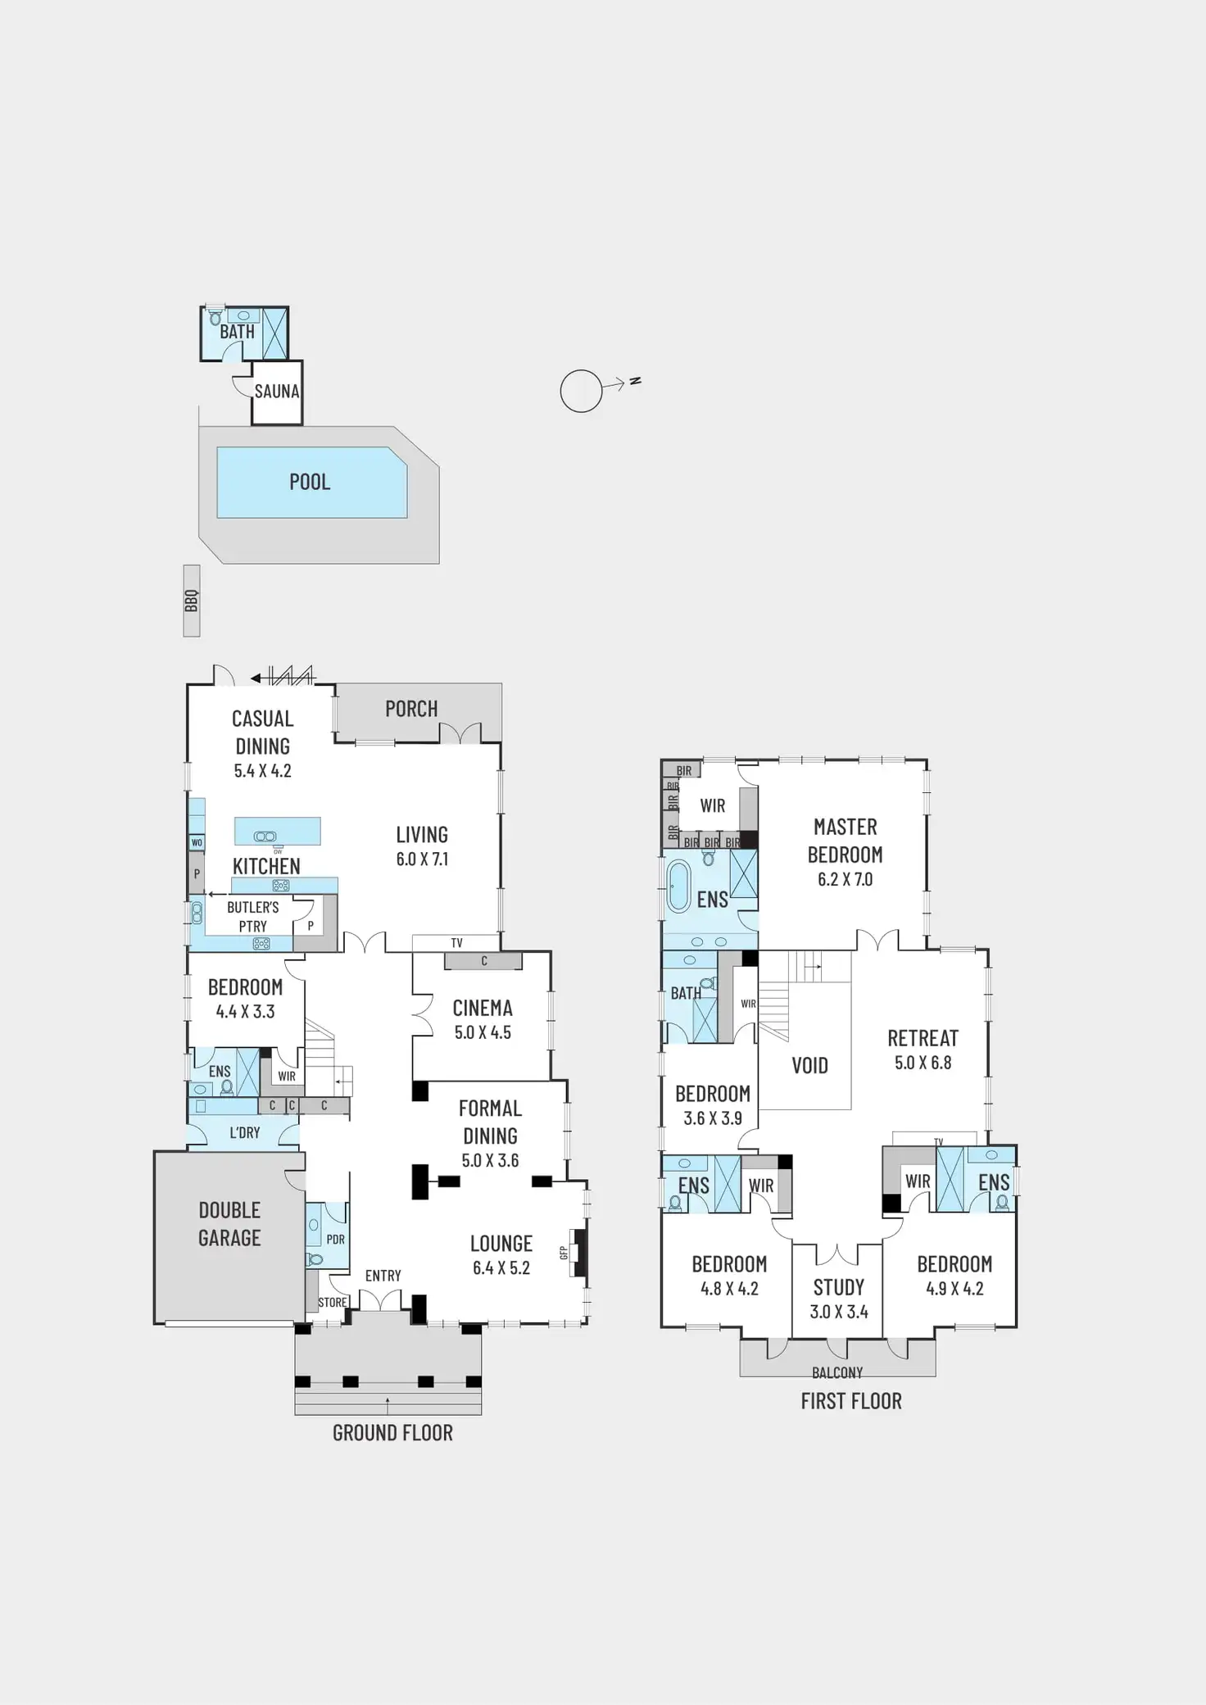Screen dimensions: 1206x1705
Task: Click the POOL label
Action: pos(310,482)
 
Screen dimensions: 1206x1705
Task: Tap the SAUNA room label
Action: pos(277,392)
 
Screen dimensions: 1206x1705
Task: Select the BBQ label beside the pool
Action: pos(192,601)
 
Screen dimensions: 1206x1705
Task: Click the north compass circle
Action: pos(581,391)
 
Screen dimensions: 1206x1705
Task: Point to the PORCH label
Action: pos(411,709)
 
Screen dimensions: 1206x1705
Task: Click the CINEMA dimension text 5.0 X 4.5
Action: pos(483,1033)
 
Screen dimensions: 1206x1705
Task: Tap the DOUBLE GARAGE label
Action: pos(229,1224)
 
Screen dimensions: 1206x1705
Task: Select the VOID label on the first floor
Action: pos(809,1066)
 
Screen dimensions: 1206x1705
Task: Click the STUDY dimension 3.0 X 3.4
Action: pos(838,1312)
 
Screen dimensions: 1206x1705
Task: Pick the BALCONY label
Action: pos(837,1372)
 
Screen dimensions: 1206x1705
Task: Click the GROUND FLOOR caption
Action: pos(392,1433)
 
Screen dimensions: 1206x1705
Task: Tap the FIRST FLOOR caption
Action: pos(851,1401)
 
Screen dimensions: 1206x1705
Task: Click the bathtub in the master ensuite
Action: pos(678,886)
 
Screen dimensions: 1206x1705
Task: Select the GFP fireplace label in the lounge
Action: pos(564,1253)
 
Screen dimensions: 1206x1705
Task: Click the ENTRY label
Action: pos(383,1276)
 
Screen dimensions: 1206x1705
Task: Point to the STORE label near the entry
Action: pos(332,1303)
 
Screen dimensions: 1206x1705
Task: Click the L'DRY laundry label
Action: pos(244,1133)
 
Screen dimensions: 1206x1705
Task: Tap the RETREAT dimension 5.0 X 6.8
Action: pos(923,1063)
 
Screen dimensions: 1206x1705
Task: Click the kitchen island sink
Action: pos(265,837)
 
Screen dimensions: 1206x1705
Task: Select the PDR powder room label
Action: pos(335,1240)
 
